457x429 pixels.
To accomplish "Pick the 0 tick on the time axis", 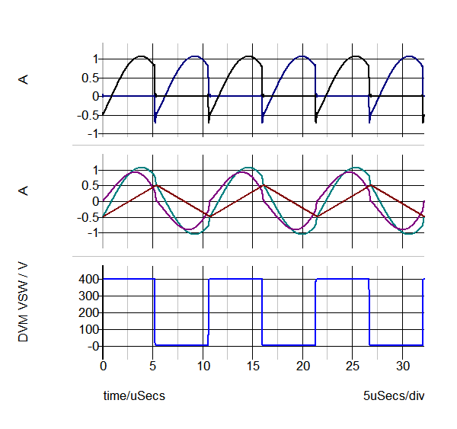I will pyautogui.click(x=104, y=366).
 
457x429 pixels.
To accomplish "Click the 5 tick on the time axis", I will pyautogui.click(x=153, y=366).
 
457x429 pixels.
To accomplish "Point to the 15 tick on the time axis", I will pyautogui.click(x=253, y=366).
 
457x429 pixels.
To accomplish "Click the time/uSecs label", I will pyautogui.click(x=134, y=396).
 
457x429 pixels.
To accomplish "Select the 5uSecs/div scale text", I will pyautogui.click(x=395, y=396).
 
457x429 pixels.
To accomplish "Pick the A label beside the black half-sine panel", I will pyautogui.click(x=24, y=78).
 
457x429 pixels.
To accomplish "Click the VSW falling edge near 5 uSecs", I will pyautogui.click(x=155, y=312).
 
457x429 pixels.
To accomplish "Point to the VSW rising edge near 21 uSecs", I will pyautogui.click(x=315, y=312).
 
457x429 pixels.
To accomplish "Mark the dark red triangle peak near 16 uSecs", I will pyautogui.click(x=262, y=184).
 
